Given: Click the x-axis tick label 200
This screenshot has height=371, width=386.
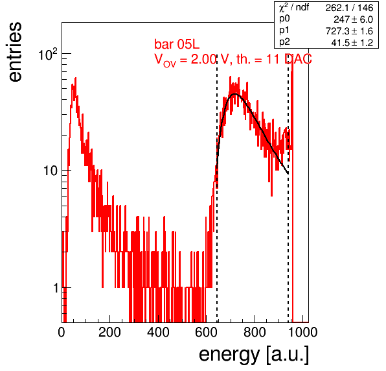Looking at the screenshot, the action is coord(109,332).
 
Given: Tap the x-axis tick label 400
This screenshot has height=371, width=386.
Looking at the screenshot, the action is coord(158,332).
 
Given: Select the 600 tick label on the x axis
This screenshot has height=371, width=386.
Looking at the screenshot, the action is coord(207,332).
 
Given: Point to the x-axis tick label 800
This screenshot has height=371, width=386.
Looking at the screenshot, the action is coord(255,332).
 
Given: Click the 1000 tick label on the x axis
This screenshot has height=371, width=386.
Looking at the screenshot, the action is coord(302,332).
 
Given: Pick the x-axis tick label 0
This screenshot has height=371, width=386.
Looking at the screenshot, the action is coord(62,332).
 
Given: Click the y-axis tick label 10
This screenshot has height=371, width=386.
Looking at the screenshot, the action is coord(51,171).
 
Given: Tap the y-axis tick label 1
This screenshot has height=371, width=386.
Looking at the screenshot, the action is coord(56,288).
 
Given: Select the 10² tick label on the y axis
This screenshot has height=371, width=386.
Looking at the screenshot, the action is coord(48,54).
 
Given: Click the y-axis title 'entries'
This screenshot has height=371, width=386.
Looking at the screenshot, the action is coord(16,52).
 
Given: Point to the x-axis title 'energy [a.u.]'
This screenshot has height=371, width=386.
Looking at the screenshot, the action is coord(254,355).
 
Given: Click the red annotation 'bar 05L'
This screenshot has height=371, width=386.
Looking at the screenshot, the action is coord(177,44).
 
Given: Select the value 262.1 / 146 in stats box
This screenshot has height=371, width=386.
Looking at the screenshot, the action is coord(349,8).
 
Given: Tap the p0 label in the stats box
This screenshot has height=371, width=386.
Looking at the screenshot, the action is coord(284,19).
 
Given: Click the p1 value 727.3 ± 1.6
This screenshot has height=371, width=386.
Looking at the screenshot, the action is coord(349,31).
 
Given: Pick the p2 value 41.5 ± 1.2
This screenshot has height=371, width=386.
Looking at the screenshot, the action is coord(352,43).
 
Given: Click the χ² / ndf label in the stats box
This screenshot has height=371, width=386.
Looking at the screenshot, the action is coord(294,8).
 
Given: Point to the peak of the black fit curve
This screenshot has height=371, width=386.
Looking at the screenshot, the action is coord(235,94).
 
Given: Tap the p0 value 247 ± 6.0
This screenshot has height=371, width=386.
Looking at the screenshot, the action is coord(354,19).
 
